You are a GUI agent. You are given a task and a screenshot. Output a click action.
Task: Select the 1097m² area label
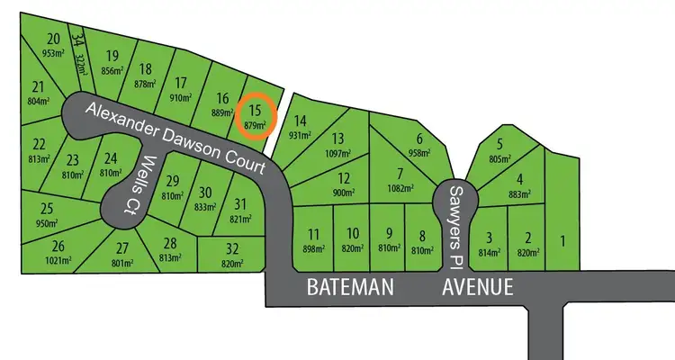337,153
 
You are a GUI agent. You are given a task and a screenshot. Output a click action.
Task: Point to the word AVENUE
478,288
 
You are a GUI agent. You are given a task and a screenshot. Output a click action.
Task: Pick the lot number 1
563,240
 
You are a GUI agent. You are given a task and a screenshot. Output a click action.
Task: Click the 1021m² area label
58,260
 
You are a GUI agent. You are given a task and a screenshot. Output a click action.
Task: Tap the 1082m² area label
399,188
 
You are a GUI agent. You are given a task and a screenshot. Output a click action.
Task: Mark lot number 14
301,121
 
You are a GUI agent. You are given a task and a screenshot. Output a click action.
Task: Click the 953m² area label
54,53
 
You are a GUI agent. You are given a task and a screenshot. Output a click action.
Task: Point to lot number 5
499,144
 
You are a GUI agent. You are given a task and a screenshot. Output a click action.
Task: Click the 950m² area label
47,223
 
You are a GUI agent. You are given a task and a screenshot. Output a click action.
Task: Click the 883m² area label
519,193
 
